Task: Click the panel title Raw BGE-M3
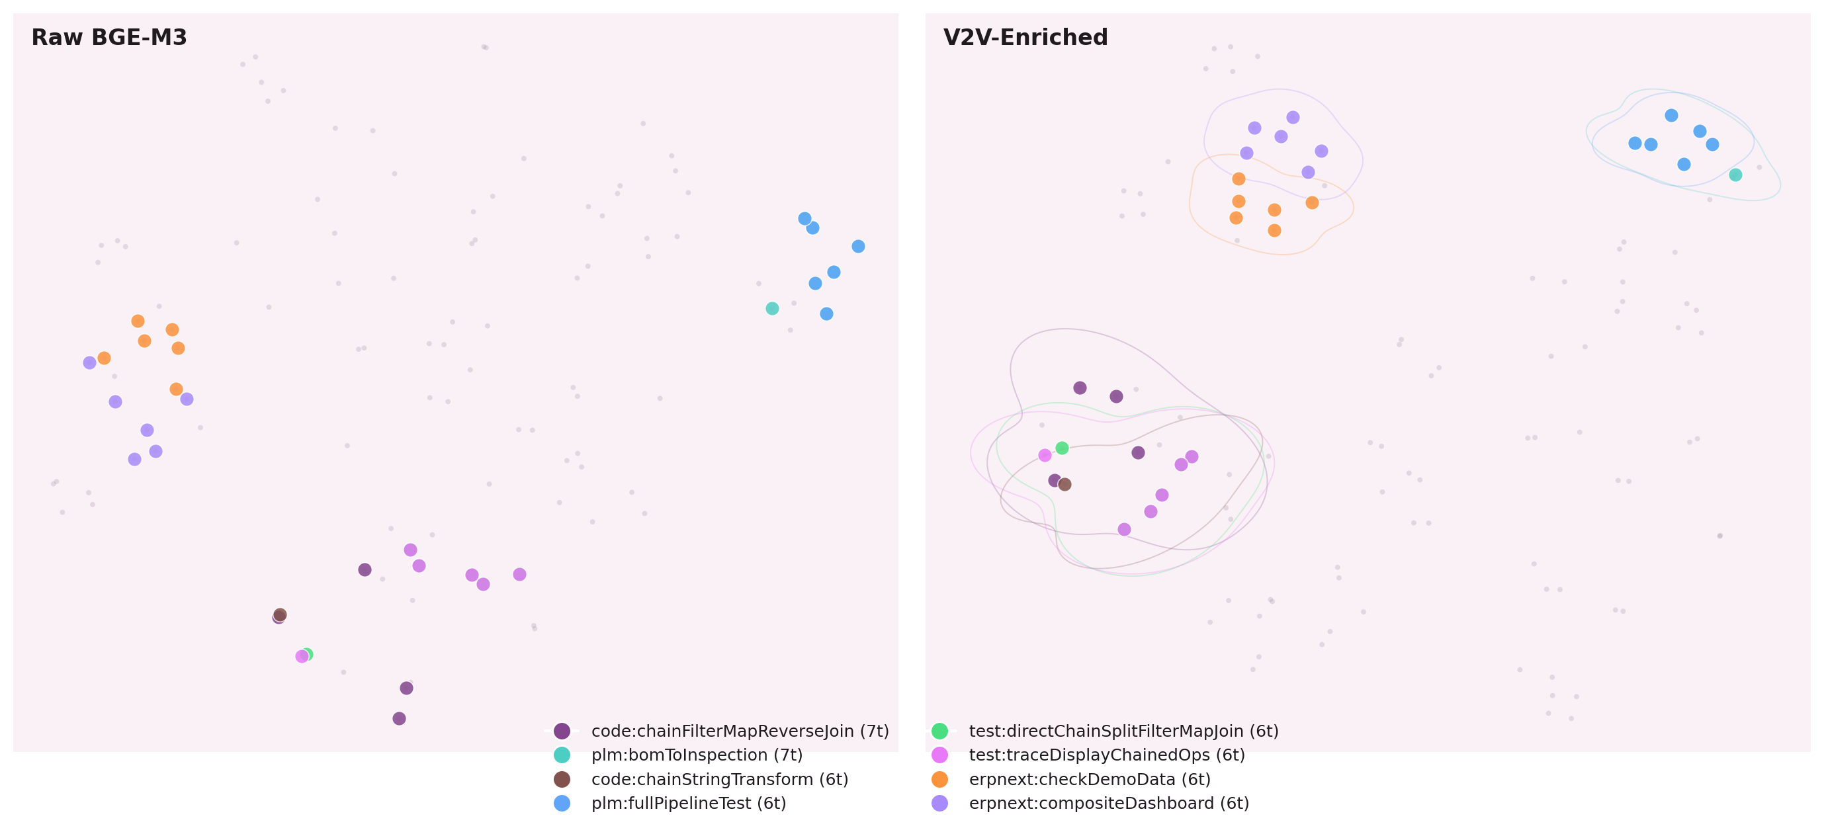109,38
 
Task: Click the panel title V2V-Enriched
1025,38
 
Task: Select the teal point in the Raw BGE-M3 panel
772,309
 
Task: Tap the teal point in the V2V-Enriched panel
1735,175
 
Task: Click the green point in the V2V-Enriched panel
1061,448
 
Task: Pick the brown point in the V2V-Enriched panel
1064,484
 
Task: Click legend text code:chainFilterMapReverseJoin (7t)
739,731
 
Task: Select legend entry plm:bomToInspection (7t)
696,755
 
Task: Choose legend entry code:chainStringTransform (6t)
718,780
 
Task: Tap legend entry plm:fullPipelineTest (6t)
688,803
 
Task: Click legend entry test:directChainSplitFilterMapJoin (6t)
1123,731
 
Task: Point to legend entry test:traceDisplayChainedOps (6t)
1106,755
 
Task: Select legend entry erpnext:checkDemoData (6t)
1089,780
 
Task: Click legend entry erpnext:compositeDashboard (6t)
1108,803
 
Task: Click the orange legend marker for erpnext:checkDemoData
939,780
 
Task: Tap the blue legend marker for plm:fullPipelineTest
562,803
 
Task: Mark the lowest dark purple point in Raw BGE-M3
400,719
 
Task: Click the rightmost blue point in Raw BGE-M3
858,247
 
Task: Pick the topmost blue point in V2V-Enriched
1671,116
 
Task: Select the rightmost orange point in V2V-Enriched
1311,202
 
